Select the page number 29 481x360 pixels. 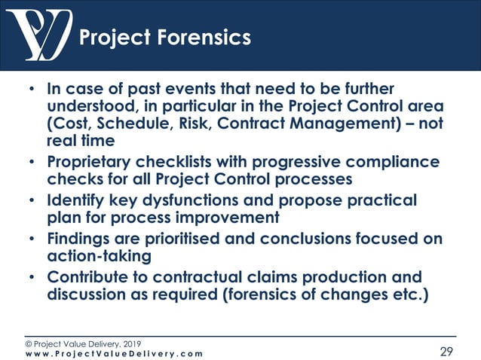(448, 351)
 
